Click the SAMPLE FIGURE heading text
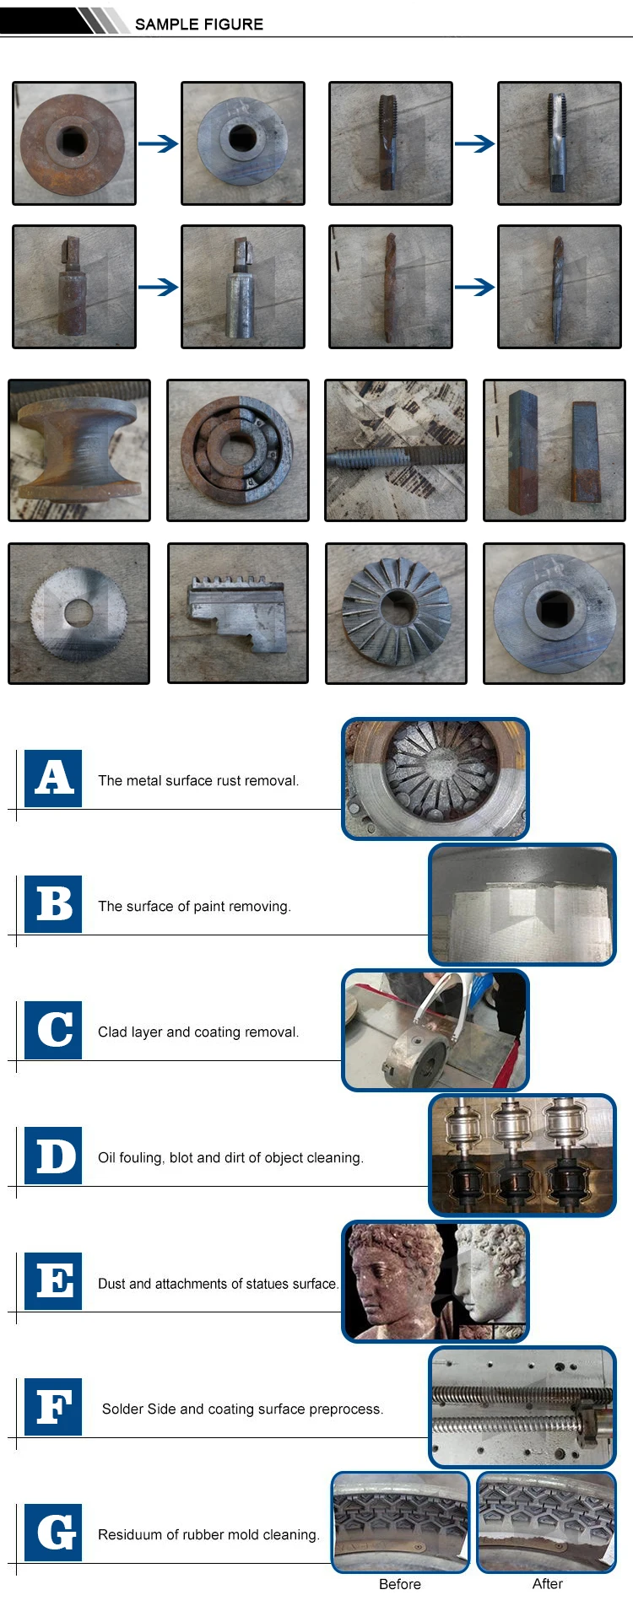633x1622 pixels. pos(198,24)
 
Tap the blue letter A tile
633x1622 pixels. pos(53,778)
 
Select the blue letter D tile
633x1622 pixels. pos(53,1155)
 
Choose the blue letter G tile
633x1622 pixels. pos(53,1532)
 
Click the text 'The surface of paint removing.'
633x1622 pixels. pos(194,906)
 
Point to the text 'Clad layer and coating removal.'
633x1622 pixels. pos(198,1032)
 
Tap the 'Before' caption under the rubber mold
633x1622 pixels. pos(400,1584)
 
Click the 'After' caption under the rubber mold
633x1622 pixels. pos(547,1584)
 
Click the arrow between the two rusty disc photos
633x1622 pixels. pos(158,144)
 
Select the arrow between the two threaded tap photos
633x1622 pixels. pos(474,144)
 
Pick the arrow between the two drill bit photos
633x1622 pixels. pos(474,288)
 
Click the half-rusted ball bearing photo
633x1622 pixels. pos(238,450)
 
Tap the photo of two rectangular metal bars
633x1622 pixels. pos(554,450)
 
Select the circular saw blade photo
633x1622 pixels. pos(78,613)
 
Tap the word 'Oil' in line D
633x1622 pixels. pos(107,1157)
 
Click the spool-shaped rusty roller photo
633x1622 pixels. pos(79,450)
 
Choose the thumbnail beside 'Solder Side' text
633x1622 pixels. pos(522,1407)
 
